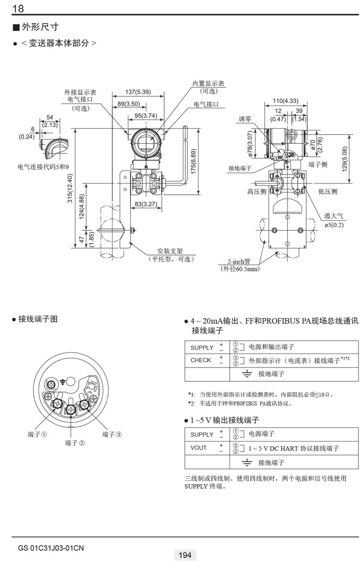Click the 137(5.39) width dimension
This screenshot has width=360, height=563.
click(x=138, y=92)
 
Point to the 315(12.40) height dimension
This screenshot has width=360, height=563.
click(x=71, y=188)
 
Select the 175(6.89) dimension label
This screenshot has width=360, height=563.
click(x=193, y=161)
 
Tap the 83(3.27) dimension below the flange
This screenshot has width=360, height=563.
click(x=146, y=204)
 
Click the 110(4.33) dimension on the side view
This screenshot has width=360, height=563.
click(x=285, y=101)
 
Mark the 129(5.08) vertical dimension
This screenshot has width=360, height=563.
click(x=345, y=159)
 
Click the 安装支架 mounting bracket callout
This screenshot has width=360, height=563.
click(x=170, y=251)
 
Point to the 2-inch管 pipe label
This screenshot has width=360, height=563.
click(x=238, y=262)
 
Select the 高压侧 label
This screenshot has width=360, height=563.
click(x=257, y=192)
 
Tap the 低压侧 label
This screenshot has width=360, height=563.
click(x=328, y=192)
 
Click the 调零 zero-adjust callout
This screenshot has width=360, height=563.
click(x=245, y=119)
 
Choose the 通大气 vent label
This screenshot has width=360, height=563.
click(x=333, y=216)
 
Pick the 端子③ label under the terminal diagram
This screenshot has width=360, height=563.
click(x=112, y=434)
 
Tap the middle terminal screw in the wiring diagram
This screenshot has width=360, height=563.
click(x=71, y=409)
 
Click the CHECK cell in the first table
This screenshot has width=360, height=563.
click(x=201, y=360)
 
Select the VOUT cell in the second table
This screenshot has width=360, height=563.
click(x=198, y=448)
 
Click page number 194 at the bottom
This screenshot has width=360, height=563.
click(x=185, y=555)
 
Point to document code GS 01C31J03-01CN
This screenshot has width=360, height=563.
click(x=51, y=548)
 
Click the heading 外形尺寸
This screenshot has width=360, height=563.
click(x=40, y=27)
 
